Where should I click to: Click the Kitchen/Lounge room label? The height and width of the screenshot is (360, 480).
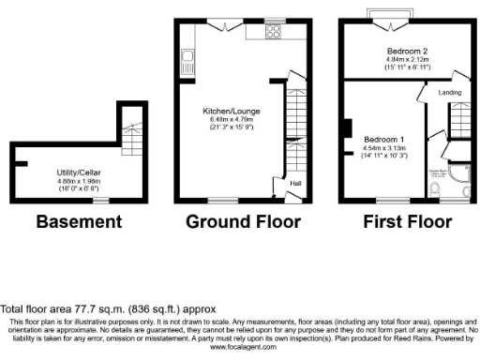coord(232,111)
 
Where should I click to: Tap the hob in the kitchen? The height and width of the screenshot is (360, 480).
coord(275,29)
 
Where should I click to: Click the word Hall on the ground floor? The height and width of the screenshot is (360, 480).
coord(294,184)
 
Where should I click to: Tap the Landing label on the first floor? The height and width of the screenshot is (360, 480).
coord(452,92)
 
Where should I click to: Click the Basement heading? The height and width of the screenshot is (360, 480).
coord(79,222)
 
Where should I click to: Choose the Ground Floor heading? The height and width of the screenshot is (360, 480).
coord(243,222)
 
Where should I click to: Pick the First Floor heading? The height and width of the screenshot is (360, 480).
coord(408,222)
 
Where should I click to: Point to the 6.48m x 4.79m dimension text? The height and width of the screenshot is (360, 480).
coord(232,119)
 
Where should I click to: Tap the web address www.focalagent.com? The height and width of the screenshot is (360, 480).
coord(238,346)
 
